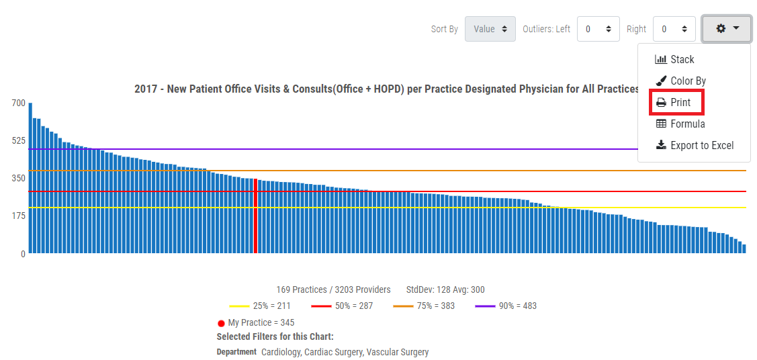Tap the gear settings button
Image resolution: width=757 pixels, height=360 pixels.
pyautogui.click(x=726, y=29)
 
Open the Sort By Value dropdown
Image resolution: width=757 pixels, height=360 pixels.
pyautogui.click(x=490, y=29)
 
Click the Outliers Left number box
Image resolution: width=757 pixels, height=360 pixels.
pyautogui.click(x=597, y=29)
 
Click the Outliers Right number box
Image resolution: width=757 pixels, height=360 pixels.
pyautogui.click(x=674, y=29)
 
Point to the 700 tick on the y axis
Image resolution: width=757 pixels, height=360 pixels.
pyautogui.click(x=18, y=103)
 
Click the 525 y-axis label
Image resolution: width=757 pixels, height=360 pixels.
pyautogui.click(x=18, y=140)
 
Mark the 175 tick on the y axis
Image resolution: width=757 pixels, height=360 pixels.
pyautogui.click(x=18, y=216)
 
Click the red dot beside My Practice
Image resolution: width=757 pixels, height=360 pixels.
pyautogui.click(x=221, y=323)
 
